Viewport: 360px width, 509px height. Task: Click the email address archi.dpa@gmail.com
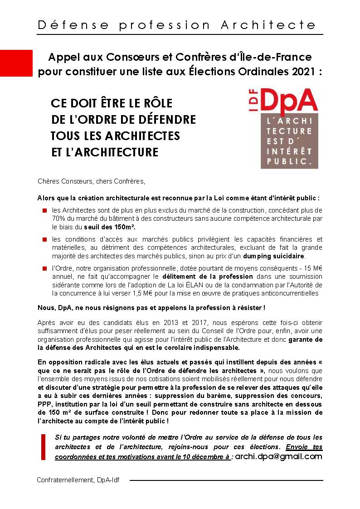(278, 456)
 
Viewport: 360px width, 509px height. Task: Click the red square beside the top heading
(16, 63)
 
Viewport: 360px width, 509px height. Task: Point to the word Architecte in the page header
(268, 25)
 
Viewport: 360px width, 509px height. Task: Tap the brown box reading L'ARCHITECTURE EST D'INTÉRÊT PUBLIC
(289, 141)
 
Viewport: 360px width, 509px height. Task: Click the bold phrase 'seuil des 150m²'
(110, 227)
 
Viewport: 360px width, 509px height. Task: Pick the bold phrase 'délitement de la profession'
(208, 276)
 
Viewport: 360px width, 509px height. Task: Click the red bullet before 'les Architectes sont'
(45, 210)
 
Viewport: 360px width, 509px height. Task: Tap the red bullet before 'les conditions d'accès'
(45, 239)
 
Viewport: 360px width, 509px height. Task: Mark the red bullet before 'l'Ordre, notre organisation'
(45, 268)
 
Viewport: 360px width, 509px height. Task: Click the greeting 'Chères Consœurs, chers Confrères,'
(91, 182)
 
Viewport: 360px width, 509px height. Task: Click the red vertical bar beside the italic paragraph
(44, 447)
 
